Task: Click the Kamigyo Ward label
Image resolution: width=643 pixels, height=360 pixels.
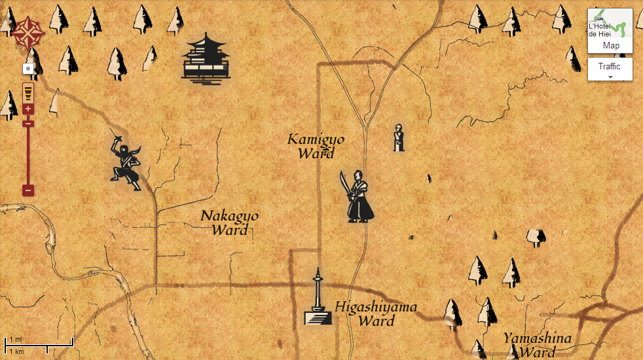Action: point(316,147)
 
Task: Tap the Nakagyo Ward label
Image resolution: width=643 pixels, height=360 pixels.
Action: point(230,223)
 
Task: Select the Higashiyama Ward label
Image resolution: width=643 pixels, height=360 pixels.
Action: point(376,314)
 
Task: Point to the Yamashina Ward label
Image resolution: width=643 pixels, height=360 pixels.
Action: point(537,345)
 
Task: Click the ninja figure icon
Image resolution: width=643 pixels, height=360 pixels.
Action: point(126,162)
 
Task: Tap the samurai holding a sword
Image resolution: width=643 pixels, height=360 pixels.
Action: point(359,198)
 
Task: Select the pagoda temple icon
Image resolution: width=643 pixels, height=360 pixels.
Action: point(206,59)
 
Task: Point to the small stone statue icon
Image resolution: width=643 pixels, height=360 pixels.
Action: point(397,137)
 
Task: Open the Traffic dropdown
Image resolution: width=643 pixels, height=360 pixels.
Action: point(610,69)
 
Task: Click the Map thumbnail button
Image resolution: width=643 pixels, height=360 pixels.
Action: point(610,31)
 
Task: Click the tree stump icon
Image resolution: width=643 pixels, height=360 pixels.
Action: point(536,237)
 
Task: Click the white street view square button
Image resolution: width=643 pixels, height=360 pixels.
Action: point(28,67)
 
